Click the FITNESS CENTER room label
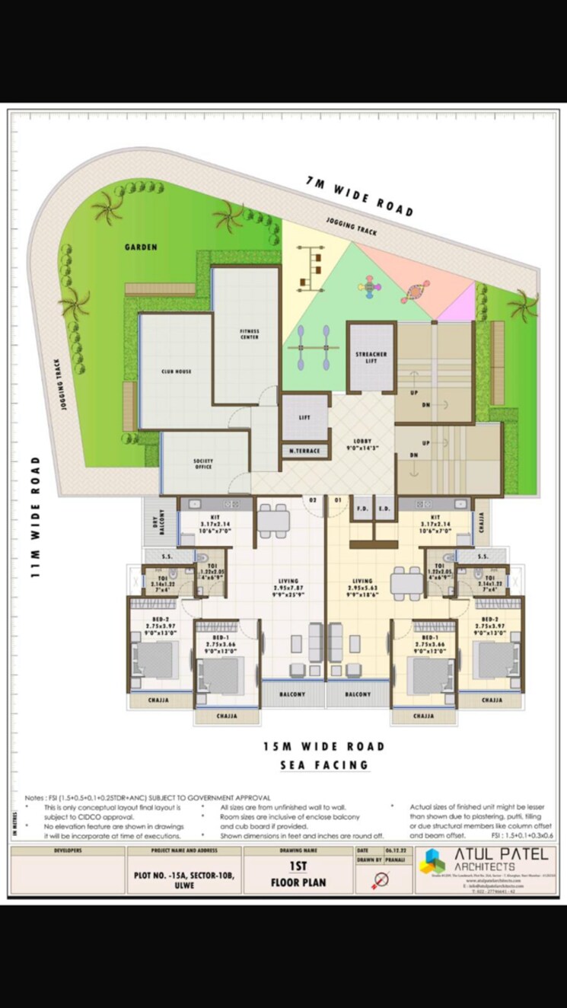250,334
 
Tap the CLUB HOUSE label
177,372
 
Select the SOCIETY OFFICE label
202,464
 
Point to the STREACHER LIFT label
371,358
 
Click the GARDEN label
141,247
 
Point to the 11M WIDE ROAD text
35,517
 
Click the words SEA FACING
324,765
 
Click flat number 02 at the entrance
312,500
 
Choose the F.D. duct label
362,509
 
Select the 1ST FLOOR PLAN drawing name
299,875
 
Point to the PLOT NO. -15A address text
183,876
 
